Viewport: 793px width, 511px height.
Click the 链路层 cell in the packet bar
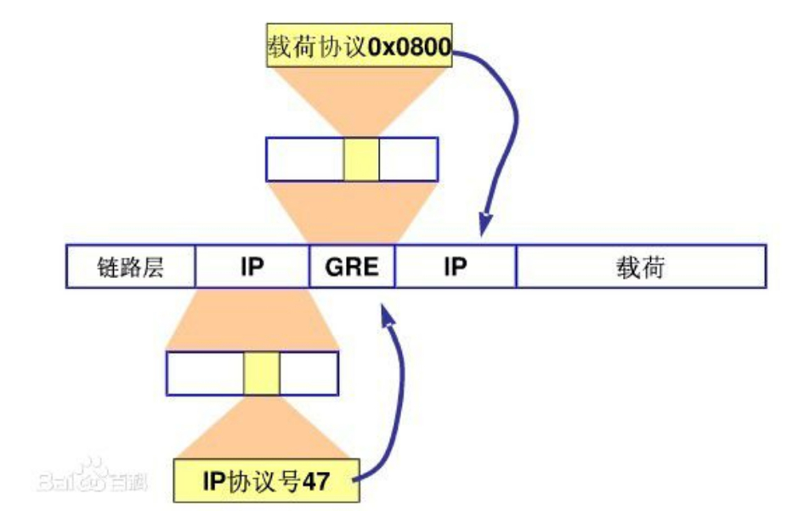click(x=130, y=267)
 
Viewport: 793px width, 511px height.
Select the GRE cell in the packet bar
click(x=352, y=267)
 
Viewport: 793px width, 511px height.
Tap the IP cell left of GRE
click(x=252, y=267)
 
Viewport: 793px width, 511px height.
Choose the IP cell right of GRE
click(x=456, y=267)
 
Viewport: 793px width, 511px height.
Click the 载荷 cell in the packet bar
click(x=641, y=267)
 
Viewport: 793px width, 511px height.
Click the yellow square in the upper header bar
click(x=361, y=159)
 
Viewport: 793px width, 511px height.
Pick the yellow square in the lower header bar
click(x=262, y=373)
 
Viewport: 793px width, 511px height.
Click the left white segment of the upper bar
click(x=305, y=159)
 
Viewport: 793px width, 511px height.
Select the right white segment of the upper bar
click(x=408, y=159)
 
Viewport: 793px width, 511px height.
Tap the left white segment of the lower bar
click(x=205, y=373)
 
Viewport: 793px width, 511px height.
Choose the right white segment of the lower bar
click(x=309, y=373)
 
